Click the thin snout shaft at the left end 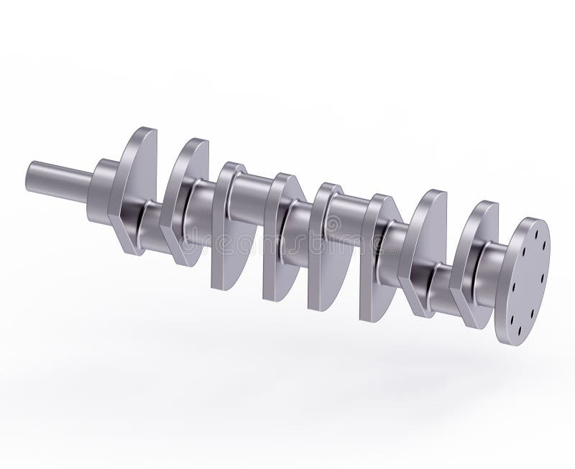[x=57, y=180]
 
